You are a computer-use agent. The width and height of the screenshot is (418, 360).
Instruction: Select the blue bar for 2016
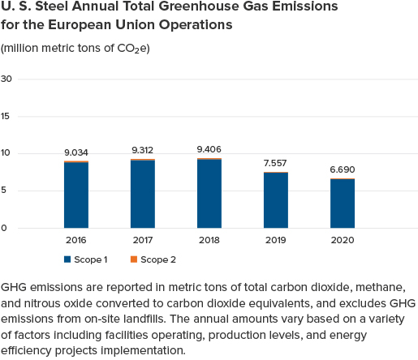coord(76,195)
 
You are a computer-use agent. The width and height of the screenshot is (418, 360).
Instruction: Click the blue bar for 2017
coord(143,195)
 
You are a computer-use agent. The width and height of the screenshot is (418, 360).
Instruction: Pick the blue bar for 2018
coord(209,194)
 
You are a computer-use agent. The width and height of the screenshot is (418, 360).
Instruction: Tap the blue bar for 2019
coord(276,200)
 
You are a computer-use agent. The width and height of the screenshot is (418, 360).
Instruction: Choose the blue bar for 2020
coord(343,204)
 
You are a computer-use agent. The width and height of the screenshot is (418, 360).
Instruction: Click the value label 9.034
coord(76,152)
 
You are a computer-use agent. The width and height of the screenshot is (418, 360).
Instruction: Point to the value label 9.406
coord(209,149)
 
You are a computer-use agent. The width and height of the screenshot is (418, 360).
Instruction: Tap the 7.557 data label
coord(275,163)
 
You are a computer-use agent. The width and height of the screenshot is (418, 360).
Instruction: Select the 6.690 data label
coord(343,169)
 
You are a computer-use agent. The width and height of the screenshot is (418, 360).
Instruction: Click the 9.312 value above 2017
coord(143,150)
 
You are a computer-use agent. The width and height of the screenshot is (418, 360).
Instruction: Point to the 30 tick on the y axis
coord(6,79)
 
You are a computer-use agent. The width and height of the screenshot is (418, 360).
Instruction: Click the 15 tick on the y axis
coord(5,117)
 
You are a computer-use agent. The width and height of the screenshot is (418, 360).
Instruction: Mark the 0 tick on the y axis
coord(4,228)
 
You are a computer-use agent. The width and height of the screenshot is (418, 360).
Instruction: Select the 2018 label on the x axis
coord(209,240)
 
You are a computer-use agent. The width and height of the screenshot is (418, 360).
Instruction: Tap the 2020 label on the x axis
coord(343,240)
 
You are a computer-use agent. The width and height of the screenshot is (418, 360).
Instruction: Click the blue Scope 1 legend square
coord(67,259)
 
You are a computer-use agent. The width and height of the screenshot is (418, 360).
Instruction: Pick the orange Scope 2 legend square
coord(134,259)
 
